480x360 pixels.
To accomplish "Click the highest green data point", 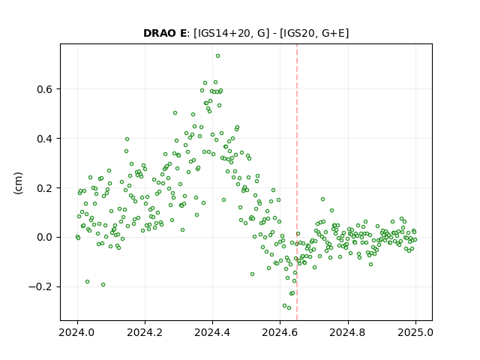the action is click(x=217, y=56).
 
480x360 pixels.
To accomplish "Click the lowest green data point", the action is click(x=289, y=308).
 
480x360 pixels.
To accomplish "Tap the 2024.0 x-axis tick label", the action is click(x=77, y=332).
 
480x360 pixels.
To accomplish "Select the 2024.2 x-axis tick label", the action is click(x=145, y=332).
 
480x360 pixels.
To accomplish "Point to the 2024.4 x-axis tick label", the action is click(x=212, y=332).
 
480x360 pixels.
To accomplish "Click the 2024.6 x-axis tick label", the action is click(x=280, y=332).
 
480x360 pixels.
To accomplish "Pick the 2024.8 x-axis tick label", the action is click(x=348, y=332).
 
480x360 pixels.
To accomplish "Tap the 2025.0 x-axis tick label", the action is click(x=415, y=332).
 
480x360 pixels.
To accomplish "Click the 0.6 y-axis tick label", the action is click(x=45, y=89).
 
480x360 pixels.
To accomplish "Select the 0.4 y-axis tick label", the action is click(x=45, y=139).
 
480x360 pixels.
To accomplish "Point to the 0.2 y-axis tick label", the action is click(x=45, y=188).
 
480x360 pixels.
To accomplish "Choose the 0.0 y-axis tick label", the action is click(x=45, y=238).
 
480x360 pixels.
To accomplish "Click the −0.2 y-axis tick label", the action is click(x=40, y=287).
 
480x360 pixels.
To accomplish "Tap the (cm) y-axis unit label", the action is click(x=18, y=183).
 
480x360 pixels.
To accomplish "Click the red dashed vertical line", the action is click(x=297, y=182).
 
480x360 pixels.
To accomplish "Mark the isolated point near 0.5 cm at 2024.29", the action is click(x=175, y=113).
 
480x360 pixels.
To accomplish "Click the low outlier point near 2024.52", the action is click(x=252, y=274).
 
